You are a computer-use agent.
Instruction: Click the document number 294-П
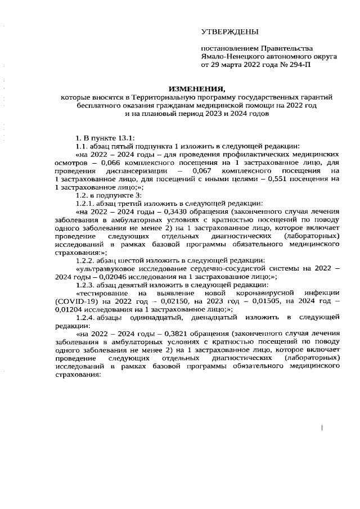pyautogui.click(x=298, y=66)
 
